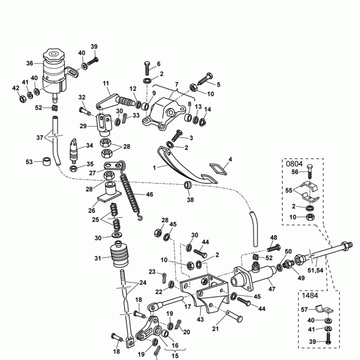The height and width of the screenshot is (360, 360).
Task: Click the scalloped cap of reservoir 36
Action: [54, 56]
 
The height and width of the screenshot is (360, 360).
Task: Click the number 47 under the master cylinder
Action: [272, 289]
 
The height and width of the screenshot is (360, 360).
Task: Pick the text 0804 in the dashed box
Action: [294, 164]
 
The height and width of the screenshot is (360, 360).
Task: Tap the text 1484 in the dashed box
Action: [310, 295]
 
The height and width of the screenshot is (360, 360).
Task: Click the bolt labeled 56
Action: [310, 172]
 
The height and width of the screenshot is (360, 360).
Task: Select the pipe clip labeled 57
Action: [324, 310]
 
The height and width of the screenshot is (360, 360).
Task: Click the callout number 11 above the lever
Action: [106, 83]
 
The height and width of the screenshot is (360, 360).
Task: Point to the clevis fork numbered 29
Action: [104, 124]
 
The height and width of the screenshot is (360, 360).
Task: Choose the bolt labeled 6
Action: [147, 68]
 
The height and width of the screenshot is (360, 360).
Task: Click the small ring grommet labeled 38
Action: [188, 185]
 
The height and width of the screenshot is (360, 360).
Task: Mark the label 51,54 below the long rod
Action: [315, 271]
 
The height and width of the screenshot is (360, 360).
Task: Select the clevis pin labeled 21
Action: [234, 316]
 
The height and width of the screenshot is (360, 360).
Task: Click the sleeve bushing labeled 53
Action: [47, 161]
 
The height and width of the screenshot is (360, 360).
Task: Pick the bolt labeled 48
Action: [274, 248]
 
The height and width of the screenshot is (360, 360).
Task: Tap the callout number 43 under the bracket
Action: [200, 319]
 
